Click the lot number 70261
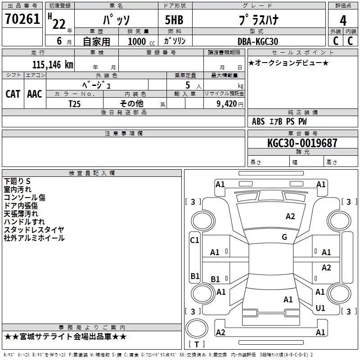pos(22,19)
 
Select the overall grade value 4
pos(343,21)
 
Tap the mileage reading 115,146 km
pos(53,64)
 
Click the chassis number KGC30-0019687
pos(302,143)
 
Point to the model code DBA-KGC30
pos(258,41)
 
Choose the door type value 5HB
pos(174,20)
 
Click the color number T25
pos(74,104)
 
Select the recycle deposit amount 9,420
pos(227,104)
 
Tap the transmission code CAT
pos(13,94)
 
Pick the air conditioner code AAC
pos(35,94)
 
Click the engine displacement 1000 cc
pos(141,41)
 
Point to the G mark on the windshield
pos(284,237)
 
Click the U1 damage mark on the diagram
pos(320,308)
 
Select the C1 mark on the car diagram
pos(194,240)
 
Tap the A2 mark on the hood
pos(290,216)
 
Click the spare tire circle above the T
pos(197,328)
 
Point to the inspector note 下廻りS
pos(17,181)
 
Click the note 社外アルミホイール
pos(34,238)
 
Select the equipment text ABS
pos(258,121)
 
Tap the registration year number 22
pos(59,24)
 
